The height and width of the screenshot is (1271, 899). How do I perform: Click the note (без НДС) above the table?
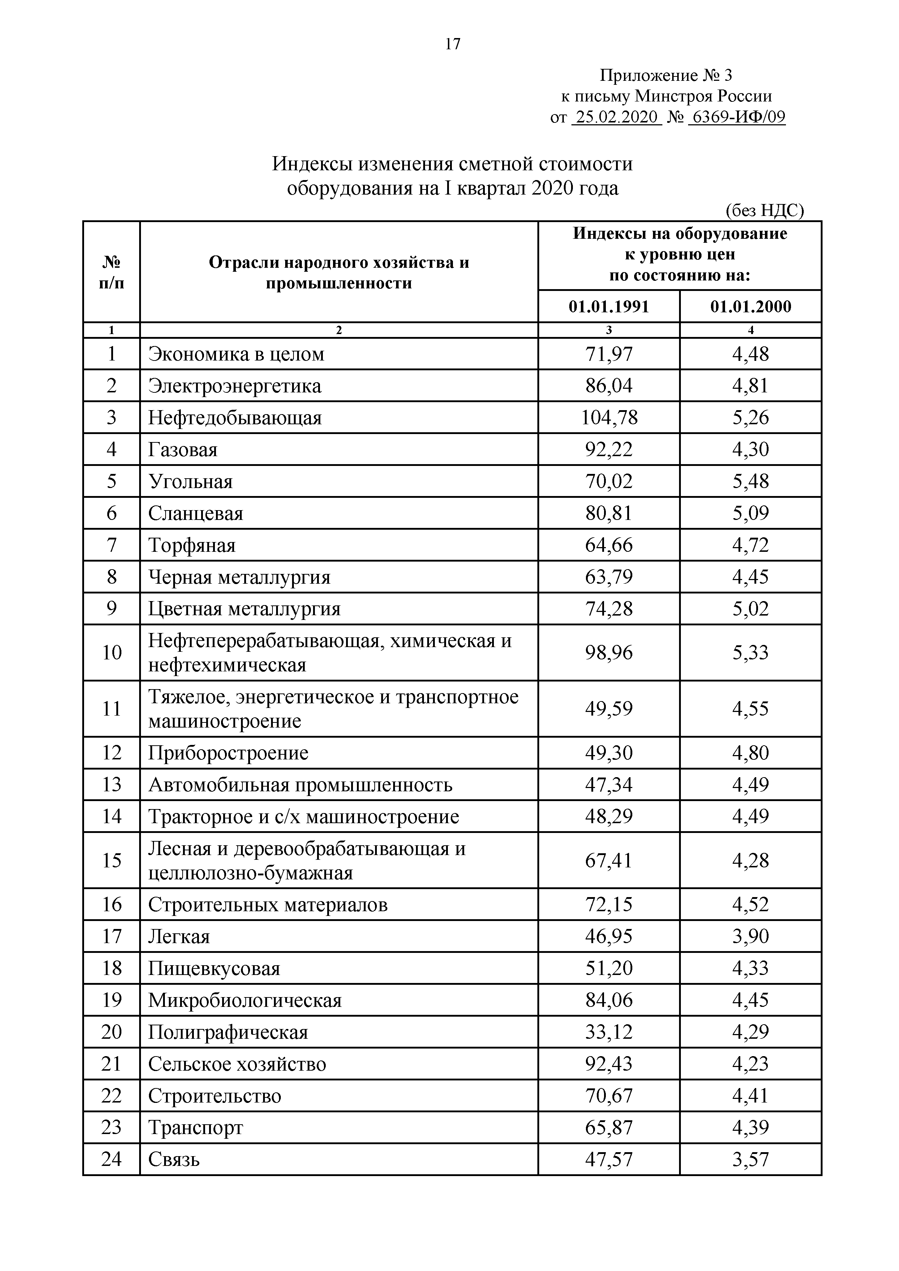tap(765, 211)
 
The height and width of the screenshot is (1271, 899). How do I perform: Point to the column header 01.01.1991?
tap(608, 307)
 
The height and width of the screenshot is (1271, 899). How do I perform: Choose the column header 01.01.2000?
tap(751, 307)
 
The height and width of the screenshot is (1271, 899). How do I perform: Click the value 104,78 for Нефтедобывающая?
tap(609, 417)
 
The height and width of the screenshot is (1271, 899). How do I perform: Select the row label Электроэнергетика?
tap(235, 386)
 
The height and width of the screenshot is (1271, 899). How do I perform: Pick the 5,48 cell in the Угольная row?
tap(751, 481)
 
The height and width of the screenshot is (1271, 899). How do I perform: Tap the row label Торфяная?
tap(192, 545)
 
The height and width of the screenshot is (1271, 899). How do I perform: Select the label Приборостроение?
tap(228, 753)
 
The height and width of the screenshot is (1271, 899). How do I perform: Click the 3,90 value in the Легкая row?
tap(751, 937)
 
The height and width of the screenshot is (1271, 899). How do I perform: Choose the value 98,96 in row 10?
tap(609, 653)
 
